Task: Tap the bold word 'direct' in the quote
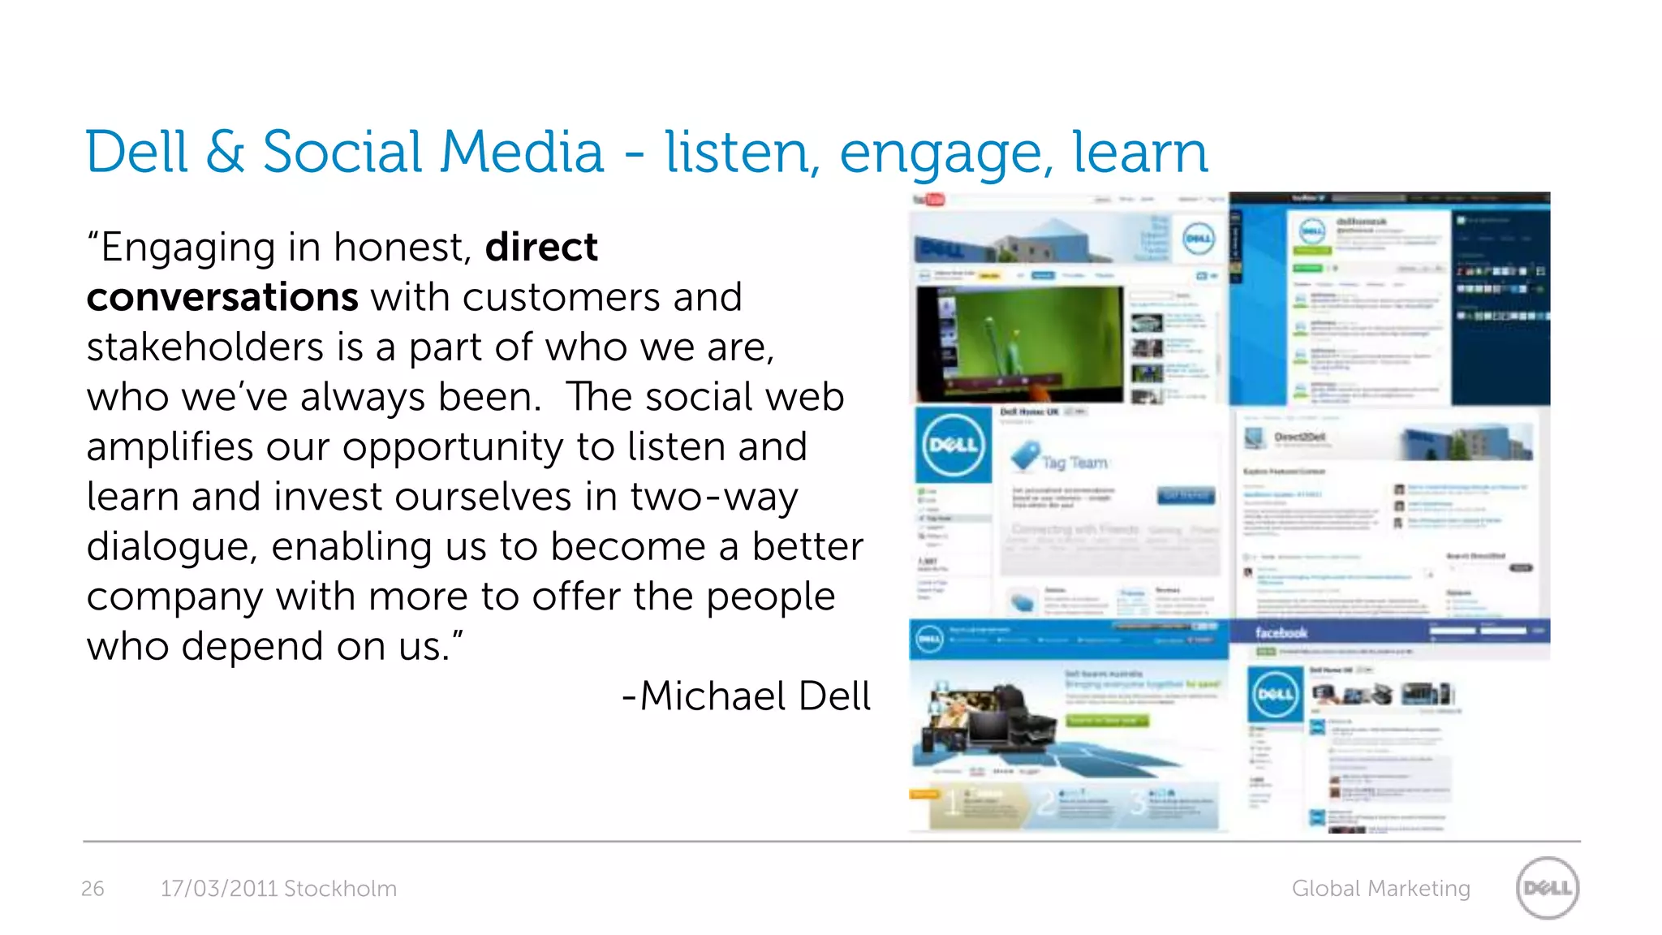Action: tap(541, 247)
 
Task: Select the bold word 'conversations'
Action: tap(222, 297)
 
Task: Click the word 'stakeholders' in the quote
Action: tap(205, 347)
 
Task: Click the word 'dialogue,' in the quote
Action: tap(172, 546)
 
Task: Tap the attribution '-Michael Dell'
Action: tap(746, 696)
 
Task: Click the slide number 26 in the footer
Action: tap(93, 889)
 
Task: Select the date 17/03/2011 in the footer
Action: tap(219, 889)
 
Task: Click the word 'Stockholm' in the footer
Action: tap(340, 889)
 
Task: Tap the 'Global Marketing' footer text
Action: tap(1380, 889)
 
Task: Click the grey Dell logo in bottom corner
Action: tap(1547, 888)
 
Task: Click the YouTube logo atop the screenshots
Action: tap(929, 200)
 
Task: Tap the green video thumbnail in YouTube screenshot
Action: tap(1019, 343)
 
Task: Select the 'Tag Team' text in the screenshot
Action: tap(1074, 463)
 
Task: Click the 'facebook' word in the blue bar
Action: tap(1281, 633)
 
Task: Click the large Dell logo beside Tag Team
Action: tap(953, 445)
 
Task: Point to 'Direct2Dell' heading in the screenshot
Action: tap(1301, 437)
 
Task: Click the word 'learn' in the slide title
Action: tap(1139, 152)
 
